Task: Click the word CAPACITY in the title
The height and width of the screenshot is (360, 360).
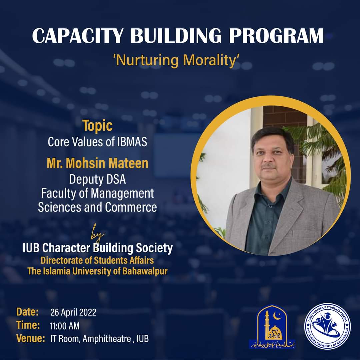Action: coord(78,36)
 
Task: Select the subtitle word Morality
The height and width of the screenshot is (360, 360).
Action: coord(212,61)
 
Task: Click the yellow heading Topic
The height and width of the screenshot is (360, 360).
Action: coord(97,126)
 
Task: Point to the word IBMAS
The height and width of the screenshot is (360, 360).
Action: coord(132,142)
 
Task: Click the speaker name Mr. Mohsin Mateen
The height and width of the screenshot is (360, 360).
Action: coord(97,164)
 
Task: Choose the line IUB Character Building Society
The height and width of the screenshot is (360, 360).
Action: coord(97,248)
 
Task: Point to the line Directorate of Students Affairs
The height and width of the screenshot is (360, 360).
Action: coord(97,260)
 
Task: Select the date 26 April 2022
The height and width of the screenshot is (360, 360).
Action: coord(73,313)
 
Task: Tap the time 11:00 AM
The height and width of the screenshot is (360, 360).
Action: coord(65,326)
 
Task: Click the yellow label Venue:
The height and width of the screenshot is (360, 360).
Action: coord(31,339)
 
